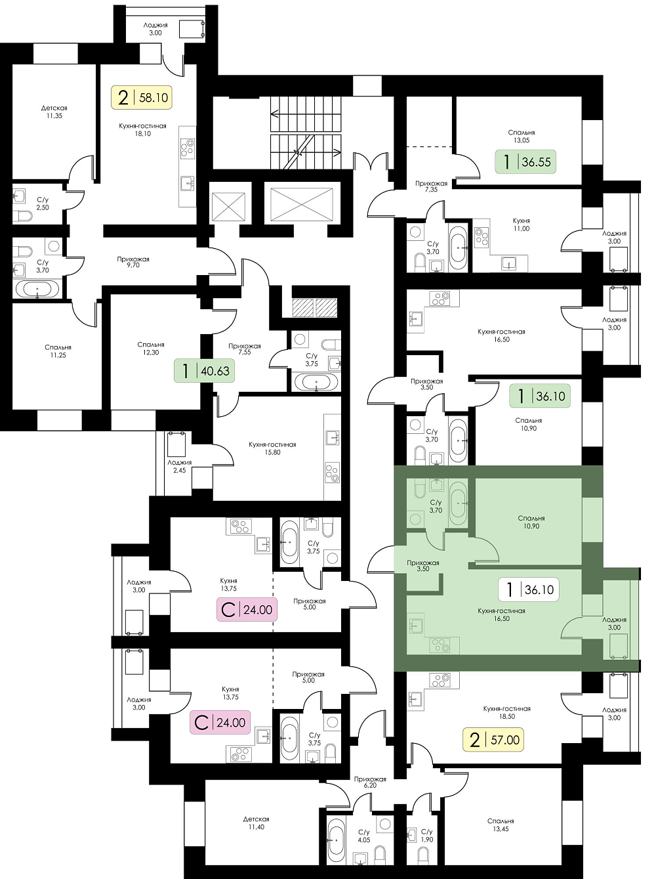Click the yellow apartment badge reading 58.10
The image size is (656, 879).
coord(142,97)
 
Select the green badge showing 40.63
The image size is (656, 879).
coord(204,371)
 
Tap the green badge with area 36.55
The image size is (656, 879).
coord(525,161)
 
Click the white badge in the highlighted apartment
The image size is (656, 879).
coord(528,590)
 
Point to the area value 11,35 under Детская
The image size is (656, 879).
coord(54,116)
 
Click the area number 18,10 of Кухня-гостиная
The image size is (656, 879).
coord(142,134)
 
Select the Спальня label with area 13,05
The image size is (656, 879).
coord(522,132)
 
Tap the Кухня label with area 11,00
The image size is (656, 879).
coord(522,221)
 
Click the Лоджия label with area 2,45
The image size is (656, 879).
coord(179,463)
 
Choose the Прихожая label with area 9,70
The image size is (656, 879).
coord(133,259)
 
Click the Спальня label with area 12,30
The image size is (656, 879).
coord(151,345)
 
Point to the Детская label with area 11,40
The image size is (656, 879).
coord(256,819)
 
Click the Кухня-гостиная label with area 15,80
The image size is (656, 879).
coord(272,444)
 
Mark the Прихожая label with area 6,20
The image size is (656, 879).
coord(370,779)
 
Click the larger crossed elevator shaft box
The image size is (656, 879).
coord(302,204)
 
